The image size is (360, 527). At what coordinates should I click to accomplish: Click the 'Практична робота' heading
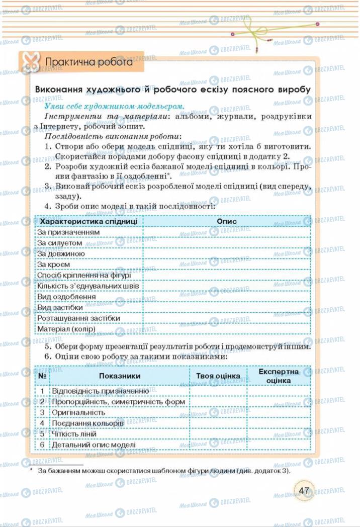tap(89, 63)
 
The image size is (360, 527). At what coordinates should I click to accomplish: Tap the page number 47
tap(304, 491)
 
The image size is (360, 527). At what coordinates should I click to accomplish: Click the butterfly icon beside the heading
tap(29, 63)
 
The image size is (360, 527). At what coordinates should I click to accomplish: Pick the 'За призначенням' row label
tap(61, 232)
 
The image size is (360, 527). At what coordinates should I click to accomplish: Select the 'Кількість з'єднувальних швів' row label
tap(88, 286)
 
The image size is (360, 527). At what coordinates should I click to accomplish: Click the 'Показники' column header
tap(120, 376)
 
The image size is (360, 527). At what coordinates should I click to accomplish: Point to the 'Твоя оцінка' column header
tap(218, 376)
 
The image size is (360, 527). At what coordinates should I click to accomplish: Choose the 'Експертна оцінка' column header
tap(278, 376)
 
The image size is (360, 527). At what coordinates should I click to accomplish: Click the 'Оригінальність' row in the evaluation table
tap(78, 412)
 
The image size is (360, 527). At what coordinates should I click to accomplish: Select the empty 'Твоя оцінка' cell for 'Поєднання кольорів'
tap(218, 423)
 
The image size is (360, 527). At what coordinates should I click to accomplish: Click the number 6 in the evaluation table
tap(43, 445)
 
